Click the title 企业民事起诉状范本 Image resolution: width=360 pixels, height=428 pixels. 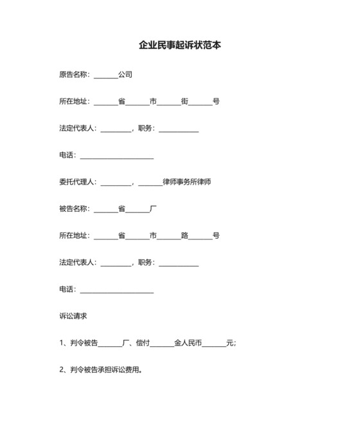point(180,46)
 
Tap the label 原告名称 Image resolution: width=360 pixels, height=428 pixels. point(73,75)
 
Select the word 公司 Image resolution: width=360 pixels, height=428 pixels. point(125,75)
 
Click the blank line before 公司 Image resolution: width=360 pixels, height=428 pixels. point(106,76)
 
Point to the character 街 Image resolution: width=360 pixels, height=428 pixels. point(184,102)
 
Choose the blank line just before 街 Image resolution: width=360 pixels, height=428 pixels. point(168,103)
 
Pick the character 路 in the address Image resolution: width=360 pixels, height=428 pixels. point(184,236)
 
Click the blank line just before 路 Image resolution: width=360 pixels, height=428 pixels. point(168,237)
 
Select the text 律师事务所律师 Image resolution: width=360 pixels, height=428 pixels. point(187,182)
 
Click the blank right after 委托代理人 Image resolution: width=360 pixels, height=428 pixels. point(116,183)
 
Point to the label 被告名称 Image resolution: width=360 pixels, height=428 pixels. point(73,209)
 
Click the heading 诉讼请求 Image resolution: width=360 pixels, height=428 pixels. point(73,316)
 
